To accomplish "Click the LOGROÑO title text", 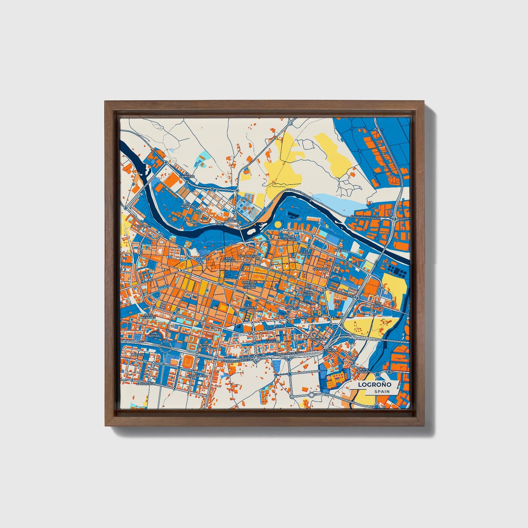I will [375, 384].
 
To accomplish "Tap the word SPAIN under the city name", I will [381, 391].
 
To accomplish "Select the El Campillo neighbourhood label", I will [190, 175].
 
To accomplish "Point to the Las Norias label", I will [187, 205].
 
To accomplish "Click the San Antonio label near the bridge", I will [231, 220].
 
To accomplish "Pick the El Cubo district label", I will [144, 226].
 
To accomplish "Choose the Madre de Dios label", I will [289, 238].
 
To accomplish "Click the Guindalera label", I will [197, 376].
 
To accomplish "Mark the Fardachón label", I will [146, 384].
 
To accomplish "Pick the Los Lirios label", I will [377, 305].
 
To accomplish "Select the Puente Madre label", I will [363, 371].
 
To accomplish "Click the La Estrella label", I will [330, 350].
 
